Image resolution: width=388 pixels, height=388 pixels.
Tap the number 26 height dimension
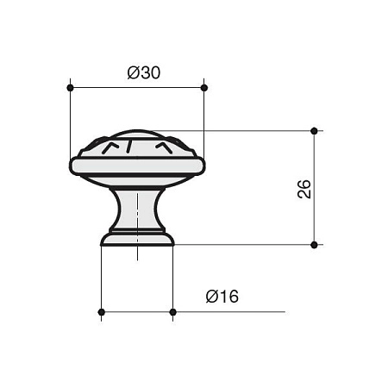[304, 189]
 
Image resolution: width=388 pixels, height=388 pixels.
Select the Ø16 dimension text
[222, 297]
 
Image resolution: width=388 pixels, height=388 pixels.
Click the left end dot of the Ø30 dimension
[69, 87]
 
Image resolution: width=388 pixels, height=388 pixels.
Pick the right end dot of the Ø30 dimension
[204, 87]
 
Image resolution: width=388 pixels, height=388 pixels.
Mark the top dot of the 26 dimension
[314, 131]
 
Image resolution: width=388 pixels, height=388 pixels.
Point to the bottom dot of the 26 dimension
[314, 245]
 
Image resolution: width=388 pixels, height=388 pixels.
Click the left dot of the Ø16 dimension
[102, 311]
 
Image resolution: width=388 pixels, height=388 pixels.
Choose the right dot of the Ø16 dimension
[173, 311]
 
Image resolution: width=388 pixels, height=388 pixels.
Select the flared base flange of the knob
[137, 239]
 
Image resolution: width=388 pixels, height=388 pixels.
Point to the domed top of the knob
[137, 135]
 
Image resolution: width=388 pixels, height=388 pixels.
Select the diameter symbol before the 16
[211, 297]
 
